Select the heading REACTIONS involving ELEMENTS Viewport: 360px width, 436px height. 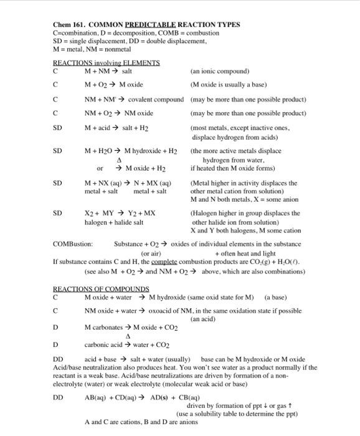pyautogui.click(x=106, y=63)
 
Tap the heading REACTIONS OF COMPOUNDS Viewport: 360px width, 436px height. pyautogui.click(x=101, y=288)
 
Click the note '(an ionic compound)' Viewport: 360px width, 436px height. pyautogui.click(x=220, y=71)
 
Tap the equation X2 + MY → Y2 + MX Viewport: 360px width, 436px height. pyautogui.click(x=120, y=213)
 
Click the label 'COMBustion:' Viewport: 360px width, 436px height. pyautogui.click(x=73, y=244)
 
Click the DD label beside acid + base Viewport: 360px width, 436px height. pyautogui.click(x=58, y=360)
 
